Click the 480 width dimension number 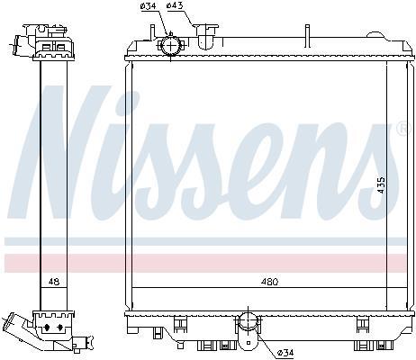point(269,282)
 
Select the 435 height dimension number point(381,184)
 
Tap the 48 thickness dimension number point(54,282)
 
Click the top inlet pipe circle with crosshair point(170,46)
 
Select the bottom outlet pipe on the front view point(248,331)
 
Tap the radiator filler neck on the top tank point(206,35)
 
